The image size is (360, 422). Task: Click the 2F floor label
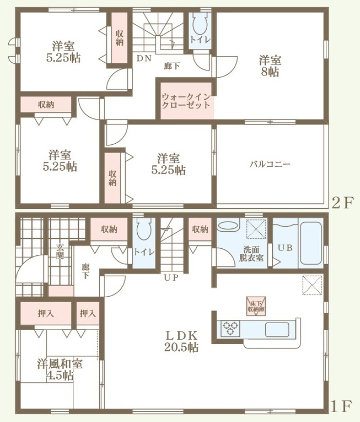coord(342,203)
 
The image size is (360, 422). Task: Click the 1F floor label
coord(341,407)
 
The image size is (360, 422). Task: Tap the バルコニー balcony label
coord(270,164)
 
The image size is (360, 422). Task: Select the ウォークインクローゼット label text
coord(186,101)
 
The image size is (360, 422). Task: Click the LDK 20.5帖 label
coord(182,341)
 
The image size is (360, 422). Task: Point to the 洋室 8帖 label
coord(270,66)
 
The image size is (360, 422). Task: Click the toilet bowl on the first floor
coord(144,229)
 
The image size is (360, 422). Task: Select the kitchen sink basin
coord(277,330)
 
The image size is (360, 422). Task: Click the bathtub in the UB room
coord(311,243)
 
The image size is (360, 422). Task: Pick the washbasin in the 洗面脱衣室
coord(228,225)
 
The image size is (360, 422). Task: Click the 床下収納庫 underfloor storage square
coord(255,306)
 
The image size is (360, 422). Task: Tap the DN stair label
coord(144,58)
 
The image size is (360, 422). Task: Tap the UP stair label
coord(171,277)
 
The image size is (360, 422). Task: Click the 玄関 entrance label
coord(60,251)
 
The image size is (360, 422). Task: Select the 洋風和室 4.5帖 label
coord(60,370)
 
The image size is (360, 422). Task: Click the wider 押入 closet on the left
coord(46,313)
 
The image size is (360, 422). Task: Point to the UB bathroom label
coord(285,247)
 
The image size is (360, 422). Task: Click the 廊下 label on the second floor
coord(171,66)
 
